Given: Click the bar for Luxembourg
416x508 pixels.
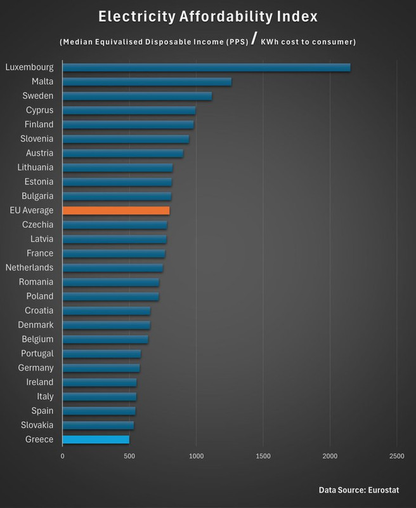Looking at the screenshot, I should pyautogui.click(x=206, y=67).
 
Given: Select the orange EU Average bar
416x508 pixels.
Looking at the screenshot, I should pyautogui.click(x=116, y=210).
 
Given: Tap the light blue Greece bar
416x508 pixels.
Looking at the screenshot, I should pyautogui.click(x=96, y=439).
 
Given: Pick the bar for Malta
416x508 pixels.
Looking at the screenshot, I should pyautogui.click(x=147, y=81).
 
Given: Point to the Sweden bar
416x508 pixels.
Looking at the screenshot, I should pyautogui.click(x=137, y=96).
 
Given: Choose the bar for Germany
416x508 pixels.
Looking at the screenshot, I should pyautogui.click(x=101, y=368).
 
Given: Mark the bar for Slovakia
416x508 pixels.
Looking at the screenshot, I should pyautogui.click(x=98, y=425).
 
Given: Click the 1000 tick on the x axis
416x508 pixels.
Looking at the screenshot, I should pyautogui.click(x=196, y=457).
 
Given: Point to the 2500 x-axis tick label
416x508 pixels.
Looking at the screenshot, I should pyautogui.click(x=396, y=457).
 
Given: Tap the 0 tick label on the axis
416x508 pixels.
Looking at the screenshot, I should pyautogui.click(x=63, y=457).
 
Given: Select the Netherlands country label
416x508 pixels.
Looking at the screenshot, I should pyautogui.click(x=29, y=267).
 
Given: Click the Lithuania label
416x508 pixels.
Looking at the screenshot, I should pyautogui.click(x=35, y=167).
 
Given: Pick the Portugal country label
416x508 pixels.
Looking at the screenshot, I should pyautogui.click(x=37, y=353).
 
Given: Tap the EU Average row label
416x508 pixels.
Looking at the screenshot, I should pyautogui.click(x=32, y=210).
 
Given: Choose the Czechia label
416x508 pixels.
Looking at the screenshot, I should pyautogui.click(x=37, y=224).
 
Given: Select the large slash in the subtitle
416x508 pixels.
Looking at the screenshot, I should pyautogui.click(x=253, y=41).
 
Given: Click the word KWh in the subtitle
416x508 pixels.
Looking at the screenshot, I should pyautogui.click(x=271, y=43).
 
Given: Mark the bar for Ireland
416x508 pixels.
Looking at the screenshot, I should pyautogui.click(x=99, y=382).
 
